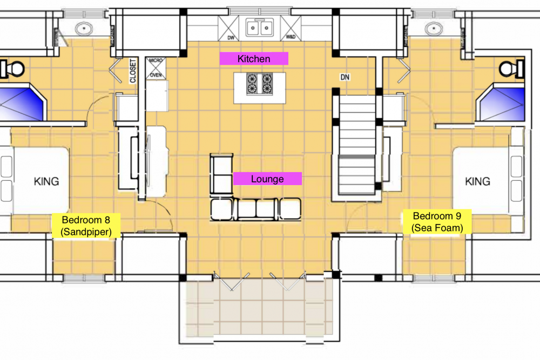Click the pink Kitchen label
click(x=254, y=58)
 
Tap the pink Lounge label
click(x=267, y=179)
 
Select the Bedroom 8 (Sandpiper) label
click(x=86, y=226)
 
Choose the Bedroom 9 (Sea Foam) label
click(x=437, y=222)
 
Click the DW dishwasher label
click(x=231, y=38)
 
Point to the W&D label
click(x=291, y=37)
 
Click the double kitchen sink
click(x=259, y=28)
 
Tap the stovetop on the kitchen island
click(x=259, y=83)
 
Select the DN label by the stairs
click(x=345, y=77)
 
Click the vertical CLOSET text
click(x=133, y=71)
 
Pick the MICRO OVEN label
click(x=156, y=68)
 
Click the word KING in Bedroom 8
click(x=46, y=181)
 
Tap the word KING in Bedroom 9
click(x=478, y=181)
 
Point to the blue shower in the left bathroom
click(x=22, y=103)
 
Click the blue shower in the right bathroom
click(x=501, y=103)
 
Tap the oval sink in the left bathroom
click(x=84, y=29)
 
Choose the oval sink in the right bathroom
click(x=434, y=29)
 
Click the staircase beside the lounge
click(x=357, y=145)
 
